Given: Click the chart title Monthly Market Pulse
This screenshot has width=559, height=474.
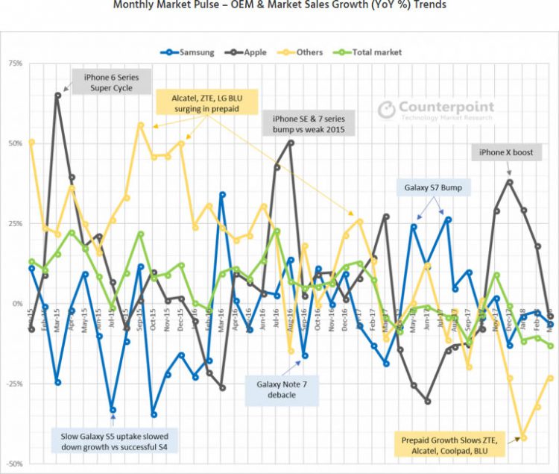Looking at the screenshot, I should (279, 5).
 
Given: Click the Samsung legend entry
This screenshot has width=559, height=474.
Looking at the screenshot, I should (189, 52).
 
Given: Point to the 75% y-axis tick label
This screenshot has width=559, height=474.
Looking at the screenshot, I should (15, 64).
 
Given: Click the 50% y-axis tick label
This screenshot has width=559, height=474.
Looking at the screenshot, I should (15, 143).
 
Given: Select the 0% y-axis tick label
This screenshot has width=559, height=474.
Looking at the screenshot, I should (17, 304).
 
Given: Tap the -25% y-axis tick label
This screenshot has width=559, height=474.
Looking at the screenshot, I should (13, 384).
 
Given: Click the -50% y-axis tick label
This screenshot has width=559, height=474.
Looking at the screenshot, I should (13, 464).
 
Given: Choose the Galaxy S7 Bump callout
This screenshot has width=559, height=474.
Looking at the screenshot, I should (432, 187).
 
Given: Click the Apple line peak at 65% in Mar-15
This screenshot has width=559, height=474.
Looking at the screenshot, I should (58, 95).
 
